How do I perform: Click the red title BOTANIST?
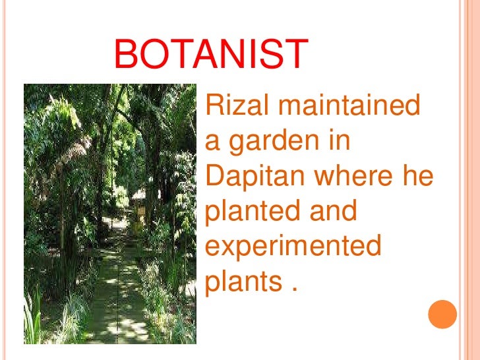[x=210, y=55]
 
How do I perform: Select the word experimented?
[x=293, y=248]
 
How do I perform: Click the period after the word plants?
[x=293, y=291]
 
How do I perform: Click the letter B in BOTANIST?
[x=126, y=55]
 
